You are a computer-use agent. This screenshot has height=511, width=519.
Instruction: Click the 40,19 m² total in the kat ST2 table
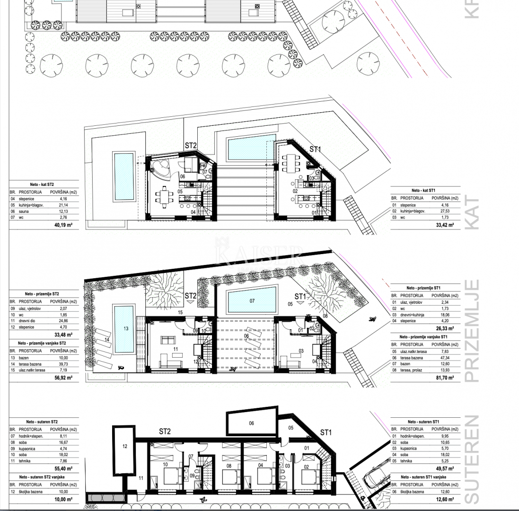[x=63, y=225]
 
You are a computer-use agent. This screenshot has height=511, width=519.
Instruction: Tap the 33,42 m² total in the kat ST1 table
[x=445, y=225]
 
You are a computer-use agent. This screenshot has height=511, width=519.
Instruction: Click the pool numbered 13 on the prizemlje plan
[x=124, y=328]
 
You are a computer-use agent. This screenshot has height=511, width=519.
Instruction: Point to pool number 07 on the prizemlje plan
[x=252, y=300]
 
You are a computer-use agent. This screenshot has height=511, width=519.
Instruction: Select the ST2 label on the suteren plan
[x=165, y=432]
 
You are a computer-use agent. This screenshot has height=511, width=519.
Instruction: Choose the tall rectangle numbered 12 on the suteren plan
[x=124, y=446]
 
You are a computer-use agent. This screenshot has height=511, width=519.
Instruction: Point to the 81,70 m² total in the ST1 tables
[x=445, y=378]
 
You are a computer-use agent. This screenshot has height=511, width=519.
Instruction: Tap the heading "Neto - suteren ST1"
[x=423, y=422]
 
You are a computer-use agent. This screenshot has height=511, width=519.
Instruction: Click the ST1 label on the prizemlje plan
[x=300, y=297]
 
